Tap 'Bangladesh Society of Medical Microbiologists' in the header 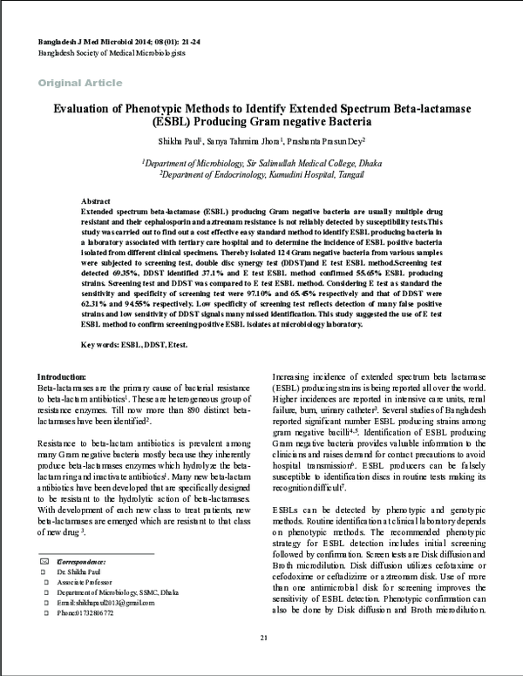tap(112, 53)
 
